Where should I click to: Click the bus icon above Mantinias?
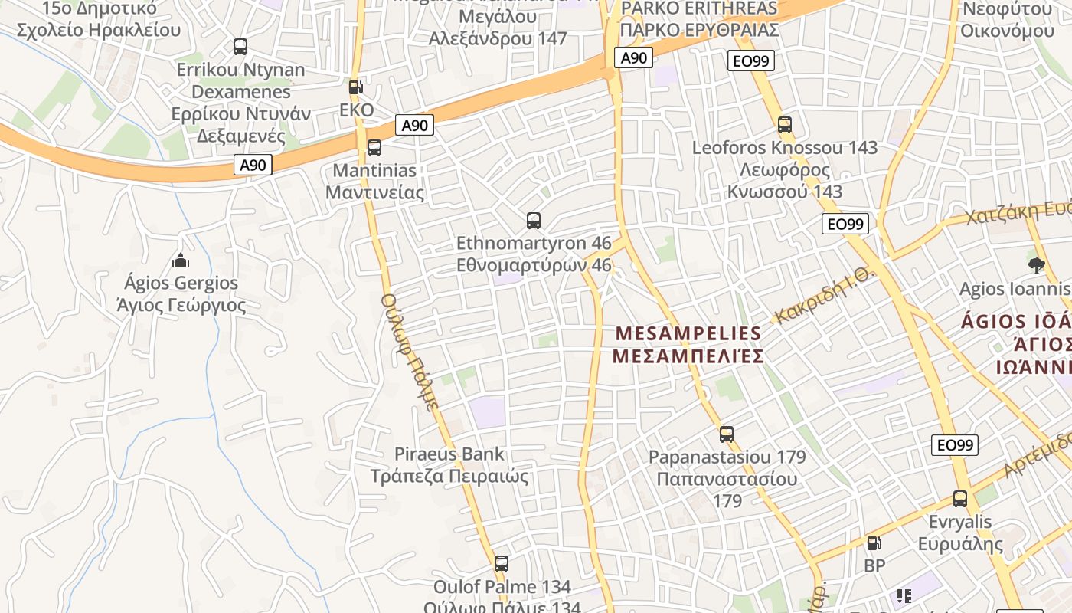374,148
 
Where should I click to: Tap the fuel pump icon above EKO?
355,87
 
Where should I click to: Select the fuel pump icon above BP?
874,543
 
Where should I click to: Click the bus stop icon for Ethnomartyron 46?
534,221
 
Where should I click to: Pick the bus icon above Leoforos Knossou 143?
784,125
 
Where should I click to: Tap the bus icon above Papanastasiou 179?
727,434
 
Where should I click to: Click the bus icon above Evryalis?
960,500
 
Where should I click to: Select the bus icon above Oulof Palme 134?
502,564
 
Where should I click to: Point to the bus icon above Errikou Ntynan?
240,47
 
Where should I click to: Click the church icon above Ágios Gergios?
181,261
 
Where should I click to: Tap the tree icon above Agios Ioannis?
1037,266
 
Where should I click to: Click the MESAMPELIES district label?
688,334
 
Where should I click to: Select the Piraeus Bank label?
449,454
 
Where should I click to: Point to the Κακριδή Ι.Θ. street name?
824,296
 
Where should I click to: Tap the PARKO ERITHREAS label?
699,9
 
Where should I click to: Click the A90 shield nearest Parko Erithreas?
634,57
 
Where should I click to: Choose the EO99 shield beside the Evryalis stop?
955,445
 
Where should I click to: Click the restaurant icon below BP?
904,595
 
